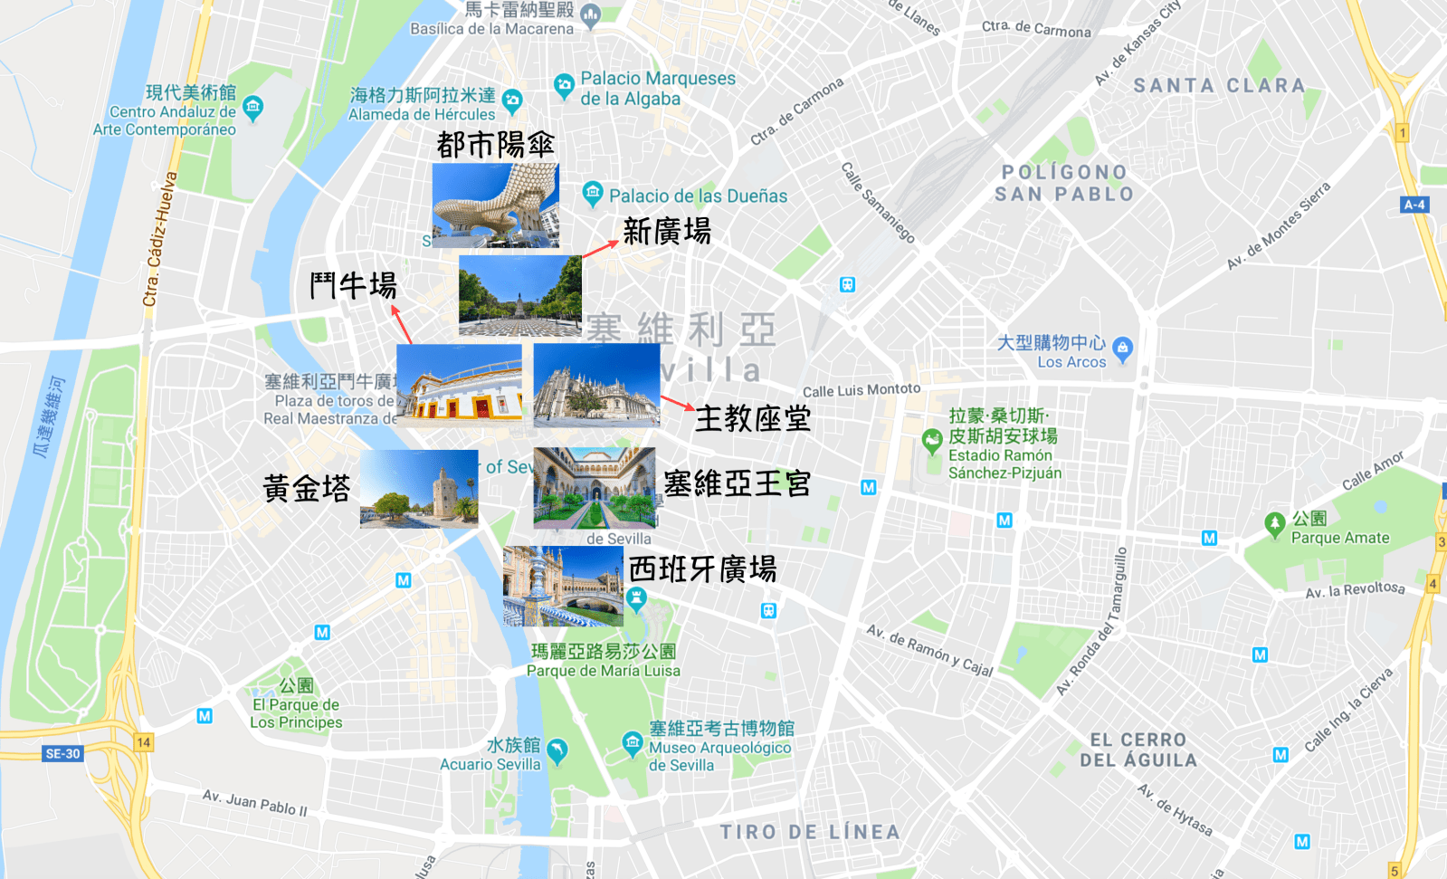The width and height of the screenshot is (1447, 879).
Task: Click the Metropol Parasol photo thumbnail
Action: pyautogui.click(x=495, y=205)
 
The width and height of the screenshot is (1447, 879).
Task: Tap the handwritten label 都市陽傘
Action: pyautogui.click(x=495, y=145)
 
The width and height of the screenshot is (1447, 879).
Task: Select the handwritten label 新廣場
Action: pyautogui.click(x=667, y=232)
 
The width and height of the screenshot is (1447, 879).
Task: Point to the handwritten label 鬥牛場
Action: pyautogui.click(x=353, y=286)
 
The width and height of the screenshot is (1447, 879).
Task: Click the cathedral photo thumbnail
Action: pyautogui.click(x=596, y=385)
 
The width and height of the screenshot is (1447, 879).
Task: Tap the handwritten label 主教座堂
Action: pyautogui.click(x=752, y=418)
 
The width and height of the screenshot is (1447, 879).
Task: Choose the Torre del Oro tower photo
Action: pyautogui.click(x=419, y=489)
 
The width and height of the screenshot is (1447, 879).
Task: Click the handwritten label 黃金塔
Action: pyautogui.click(x=306, y=489)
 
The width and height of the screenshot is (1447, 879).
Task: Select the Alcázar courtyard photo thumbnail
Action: pyautogui.click(x=595, y=487)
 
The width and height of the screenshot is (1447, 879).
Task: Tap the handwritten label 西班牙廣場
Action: pyautogui.click(x=702, y=569)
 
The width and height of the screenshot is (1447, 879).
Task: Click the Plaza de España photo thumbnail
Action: pyautogui.click(x=563, y=586)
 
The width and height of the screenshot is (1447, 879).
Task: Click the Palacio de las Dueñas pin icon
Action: pyautogui.click(x=593, y=193)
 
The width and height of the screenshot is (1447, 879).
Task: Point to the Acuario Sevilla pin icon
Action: pyautogui.click(x=557, y=750)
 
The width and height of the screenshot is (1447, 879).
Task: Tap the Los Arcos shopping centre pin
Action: pyautogui.click(x=1122, y=348)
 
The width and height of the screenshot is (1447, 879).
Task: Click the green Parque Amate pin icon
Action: pyautogui.click(x=1274, y=523)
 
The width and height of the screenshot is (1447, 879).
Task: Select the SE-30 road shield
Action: pyautogui.click(x=62, y=753)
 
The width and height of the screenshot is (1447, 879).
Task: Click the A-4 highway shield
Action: pyautogui.click(x=1414, y=205)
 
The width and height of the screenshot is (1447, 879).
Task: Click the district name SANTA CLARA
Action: pyautogui.click(x=1219, y=86)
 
